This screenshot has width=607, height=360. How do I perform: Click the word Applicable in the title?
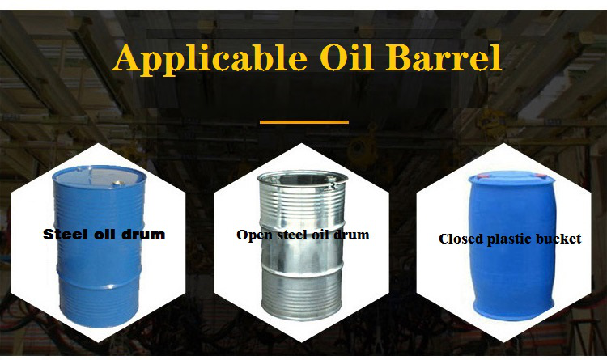(210, 59)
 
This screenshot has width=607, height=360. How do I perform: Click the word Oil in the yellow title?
(347, 57)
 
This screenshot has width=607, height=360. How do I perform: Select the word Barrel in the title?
(444, 57)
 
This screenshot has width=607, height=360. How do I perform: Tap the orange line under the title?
(304, 122)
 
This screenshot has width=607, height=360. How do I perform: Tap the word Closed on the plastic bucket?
(461, 239)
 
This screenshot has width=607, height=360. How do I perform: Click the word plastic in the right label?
(509, 239)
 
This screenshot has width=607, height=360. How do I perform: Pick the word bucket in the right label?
(558, 239)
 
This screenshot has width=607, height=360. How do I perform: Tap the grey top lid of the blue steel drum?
(99, 177)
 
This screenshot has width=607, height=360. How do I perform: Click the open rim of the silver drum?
(303, 180)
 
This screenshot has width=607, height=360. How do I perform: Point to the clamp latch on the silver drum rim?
(332, 188)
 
